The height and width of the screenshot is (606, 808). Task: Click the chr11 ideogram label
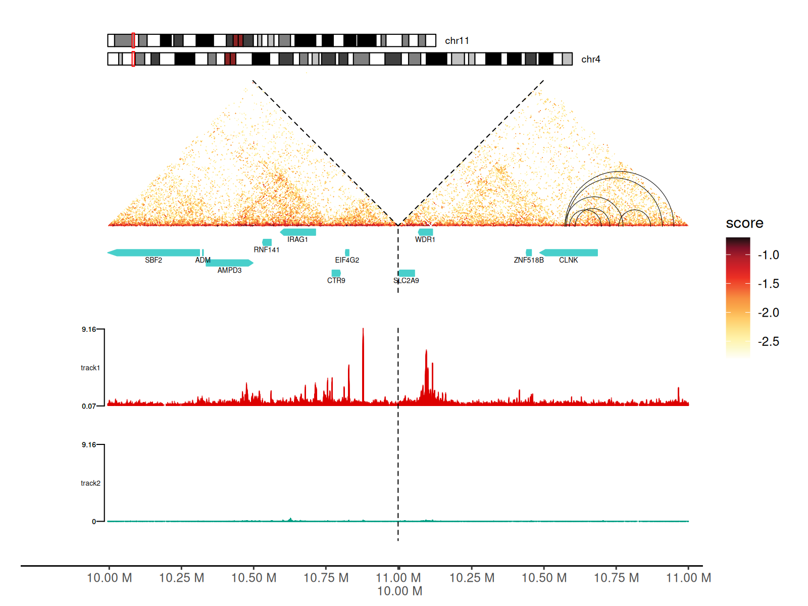tap(457, 41)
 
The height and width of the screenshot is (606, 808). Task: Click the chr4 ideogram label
tap(590, 60)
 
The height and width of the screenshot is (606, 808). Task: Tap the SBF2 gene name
tap(154, 260)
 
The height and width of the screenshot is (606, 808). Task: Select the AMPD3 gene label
tap(229, 270)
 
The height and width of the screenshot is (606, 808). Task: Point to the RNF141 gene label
tap(266, 249)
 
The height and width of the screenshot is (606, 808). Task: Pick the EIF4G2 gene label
tap(347, 260)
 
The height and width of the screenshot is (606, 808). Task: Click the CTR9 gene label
tap(336, 280)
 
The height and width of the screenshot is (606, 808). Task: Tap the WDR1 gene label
tap(425, 239)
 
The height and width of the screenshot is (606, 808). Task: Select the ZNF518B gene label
tap(529, 260)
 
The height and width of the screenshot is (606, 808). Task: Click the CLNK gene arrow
tap(569, 252)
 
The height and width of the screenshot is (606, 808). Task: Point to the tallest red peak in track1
tap(363, 331)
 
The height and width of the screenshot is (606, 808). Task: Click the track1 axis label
tap(90, 368)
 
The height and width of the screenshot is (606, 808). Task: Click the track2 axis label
tap(90, 483)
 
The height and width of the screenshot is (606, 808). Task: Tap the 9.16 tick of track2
tap(88, 445)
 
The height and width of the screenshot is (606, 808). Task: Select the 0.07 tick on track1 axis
tap(88, 406)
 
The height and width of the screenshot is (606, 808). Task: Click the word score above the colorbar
tap(744, 223)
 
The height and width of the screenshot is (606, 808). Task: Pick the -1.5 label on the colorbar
tap(768, 284)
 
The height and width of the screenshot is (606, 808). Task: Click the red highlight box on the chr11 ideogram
tap(133, 40)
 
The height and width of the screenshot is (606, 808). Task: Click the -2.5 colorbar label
tap(768, 341)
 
